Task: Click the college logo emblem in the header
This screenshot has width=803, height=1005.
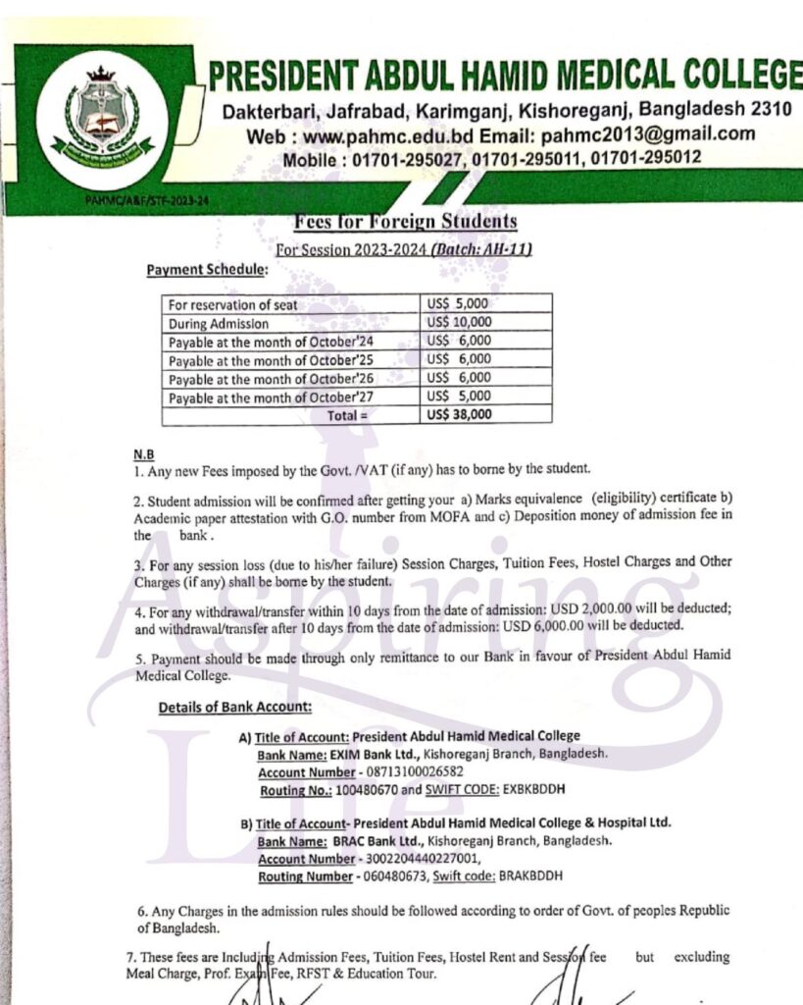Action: pos(103,120)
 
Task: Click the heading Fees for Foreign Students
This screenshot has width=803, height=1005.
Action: pos(403,221)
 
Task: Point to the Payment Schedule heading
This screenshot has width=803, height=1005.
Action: pos(205,269)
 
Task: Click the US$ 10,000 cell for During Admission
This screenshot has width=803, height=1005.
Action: pos(459,322)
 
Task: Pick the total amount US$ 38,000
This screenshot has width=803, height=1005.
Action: pos(459,414)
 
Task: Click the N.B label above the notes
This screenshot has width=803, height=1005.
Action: pos(143,455)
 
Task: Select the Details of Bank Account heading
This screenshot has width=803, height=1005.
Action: pos(235,707)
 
